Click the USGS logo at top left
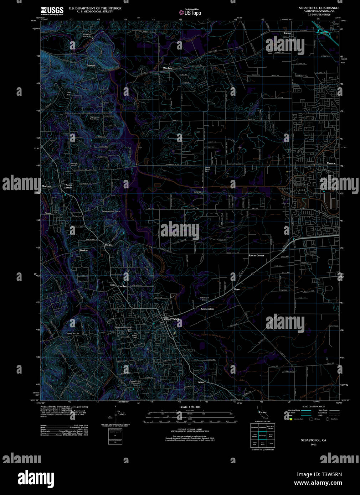pyautogui.click(x=52, y=10)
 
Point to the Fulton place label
pyautogui.click(x=287, y=33)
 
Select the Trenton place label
pyautogui.click(x=91, y=66)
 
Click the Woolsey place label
pyautogui.click(x=168, y=68)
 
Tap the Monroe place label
pyautogui.click(x=331, y=163)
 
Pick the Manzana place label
pyautogui.click(x=47, y=186)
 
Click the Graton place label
pyautogui.click(x=48, y=213)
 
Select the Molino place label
pyautogui.click(x=109, y=245)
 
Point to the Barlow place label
pyautogui.click(x=84, y=250)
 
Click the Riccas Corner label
pyautogui.click(x=256, y=256)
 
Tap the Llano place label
pyautogui.click(x=237, y=290)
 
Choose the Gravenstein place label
pyautogui.click(x=207, y=309)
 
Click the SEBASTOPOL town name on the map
pyautogui.click(x=171, y=319)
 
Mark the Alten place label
pyautogui.click(x=201, y=382)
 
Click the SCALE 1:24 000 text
pyautogui.click(x=190, y=407)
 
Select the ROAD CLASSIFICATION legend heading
pyautogui.click(x=313, y=407)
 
